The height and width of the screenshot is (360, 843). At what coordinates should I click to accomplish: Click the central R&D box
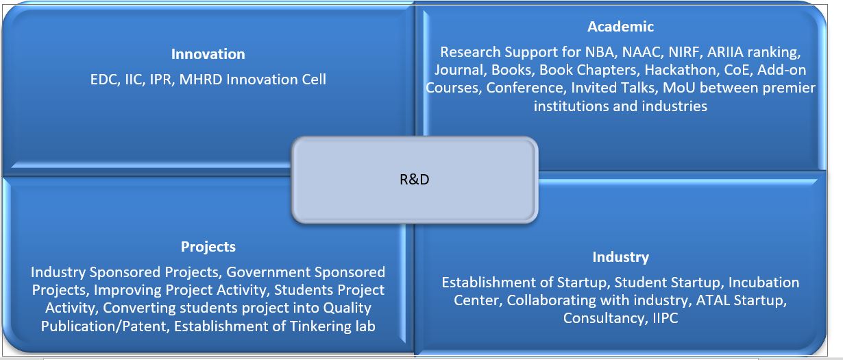click(415, 180)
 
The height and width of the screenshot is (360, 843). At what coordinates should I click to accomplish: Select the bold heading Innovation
click(208, 54)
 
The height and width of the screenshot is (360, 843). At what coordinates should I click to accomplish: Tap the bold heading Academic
click(620, 27)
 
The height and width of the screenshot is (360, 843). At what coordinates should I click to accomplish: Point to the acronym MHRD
click(201, 80)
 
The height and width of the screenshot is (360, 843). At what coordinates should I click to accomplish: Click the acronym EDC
click(104, 80)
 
